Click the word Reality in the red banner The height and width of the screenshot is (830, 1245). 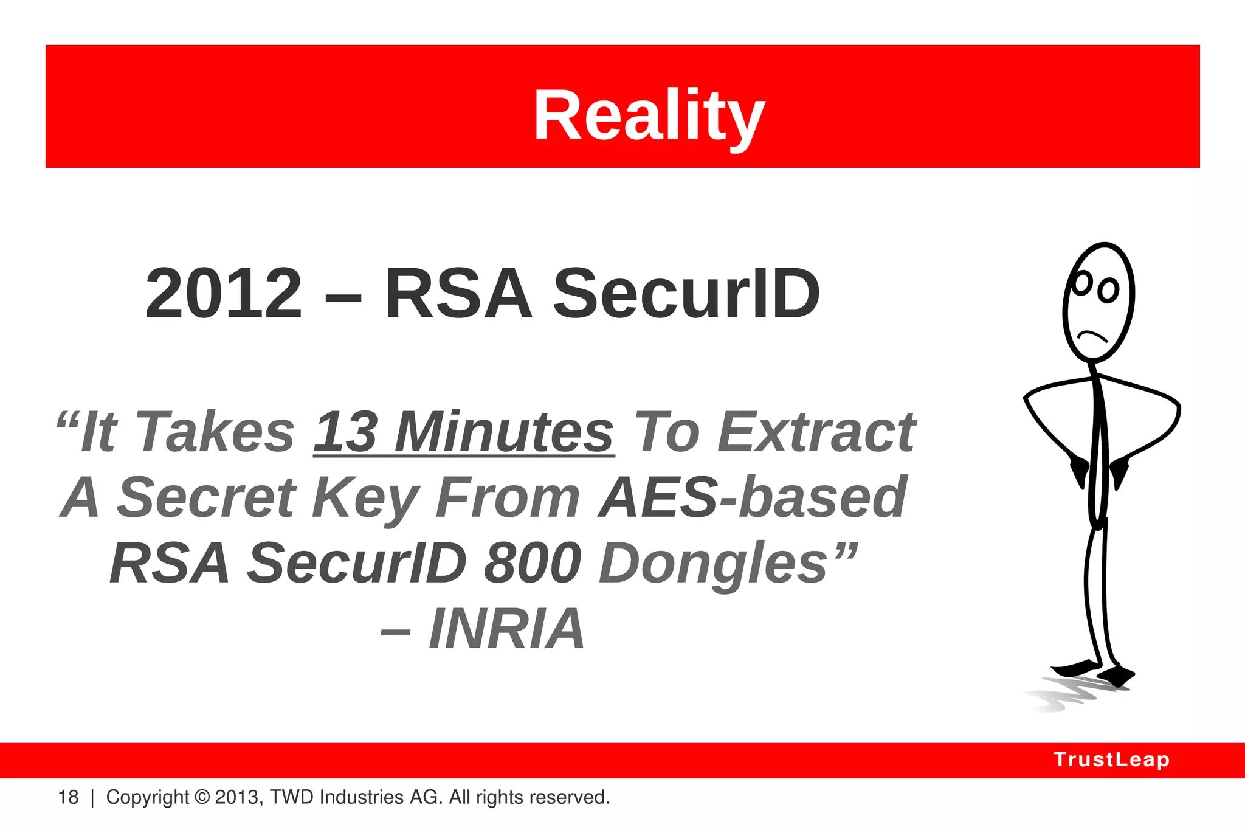point(649,116)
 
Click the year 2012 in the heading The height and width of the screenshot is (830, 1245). point(224,294)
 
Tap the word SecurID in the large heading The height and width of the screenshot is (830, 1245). point(686,294)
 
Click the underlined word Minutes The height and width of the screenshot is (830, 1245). point(504,432)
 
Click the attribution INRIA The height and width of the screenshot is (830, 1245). point(506,629)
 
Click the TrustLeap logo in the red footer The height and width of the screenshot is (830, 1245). point(1111,759)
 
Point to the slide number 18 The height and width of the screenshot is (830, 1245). point(68,797)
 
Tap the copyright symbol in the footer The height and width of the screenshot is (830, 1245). point(202,797)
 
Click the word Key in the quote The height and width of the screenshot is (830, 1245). point(365,499)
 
